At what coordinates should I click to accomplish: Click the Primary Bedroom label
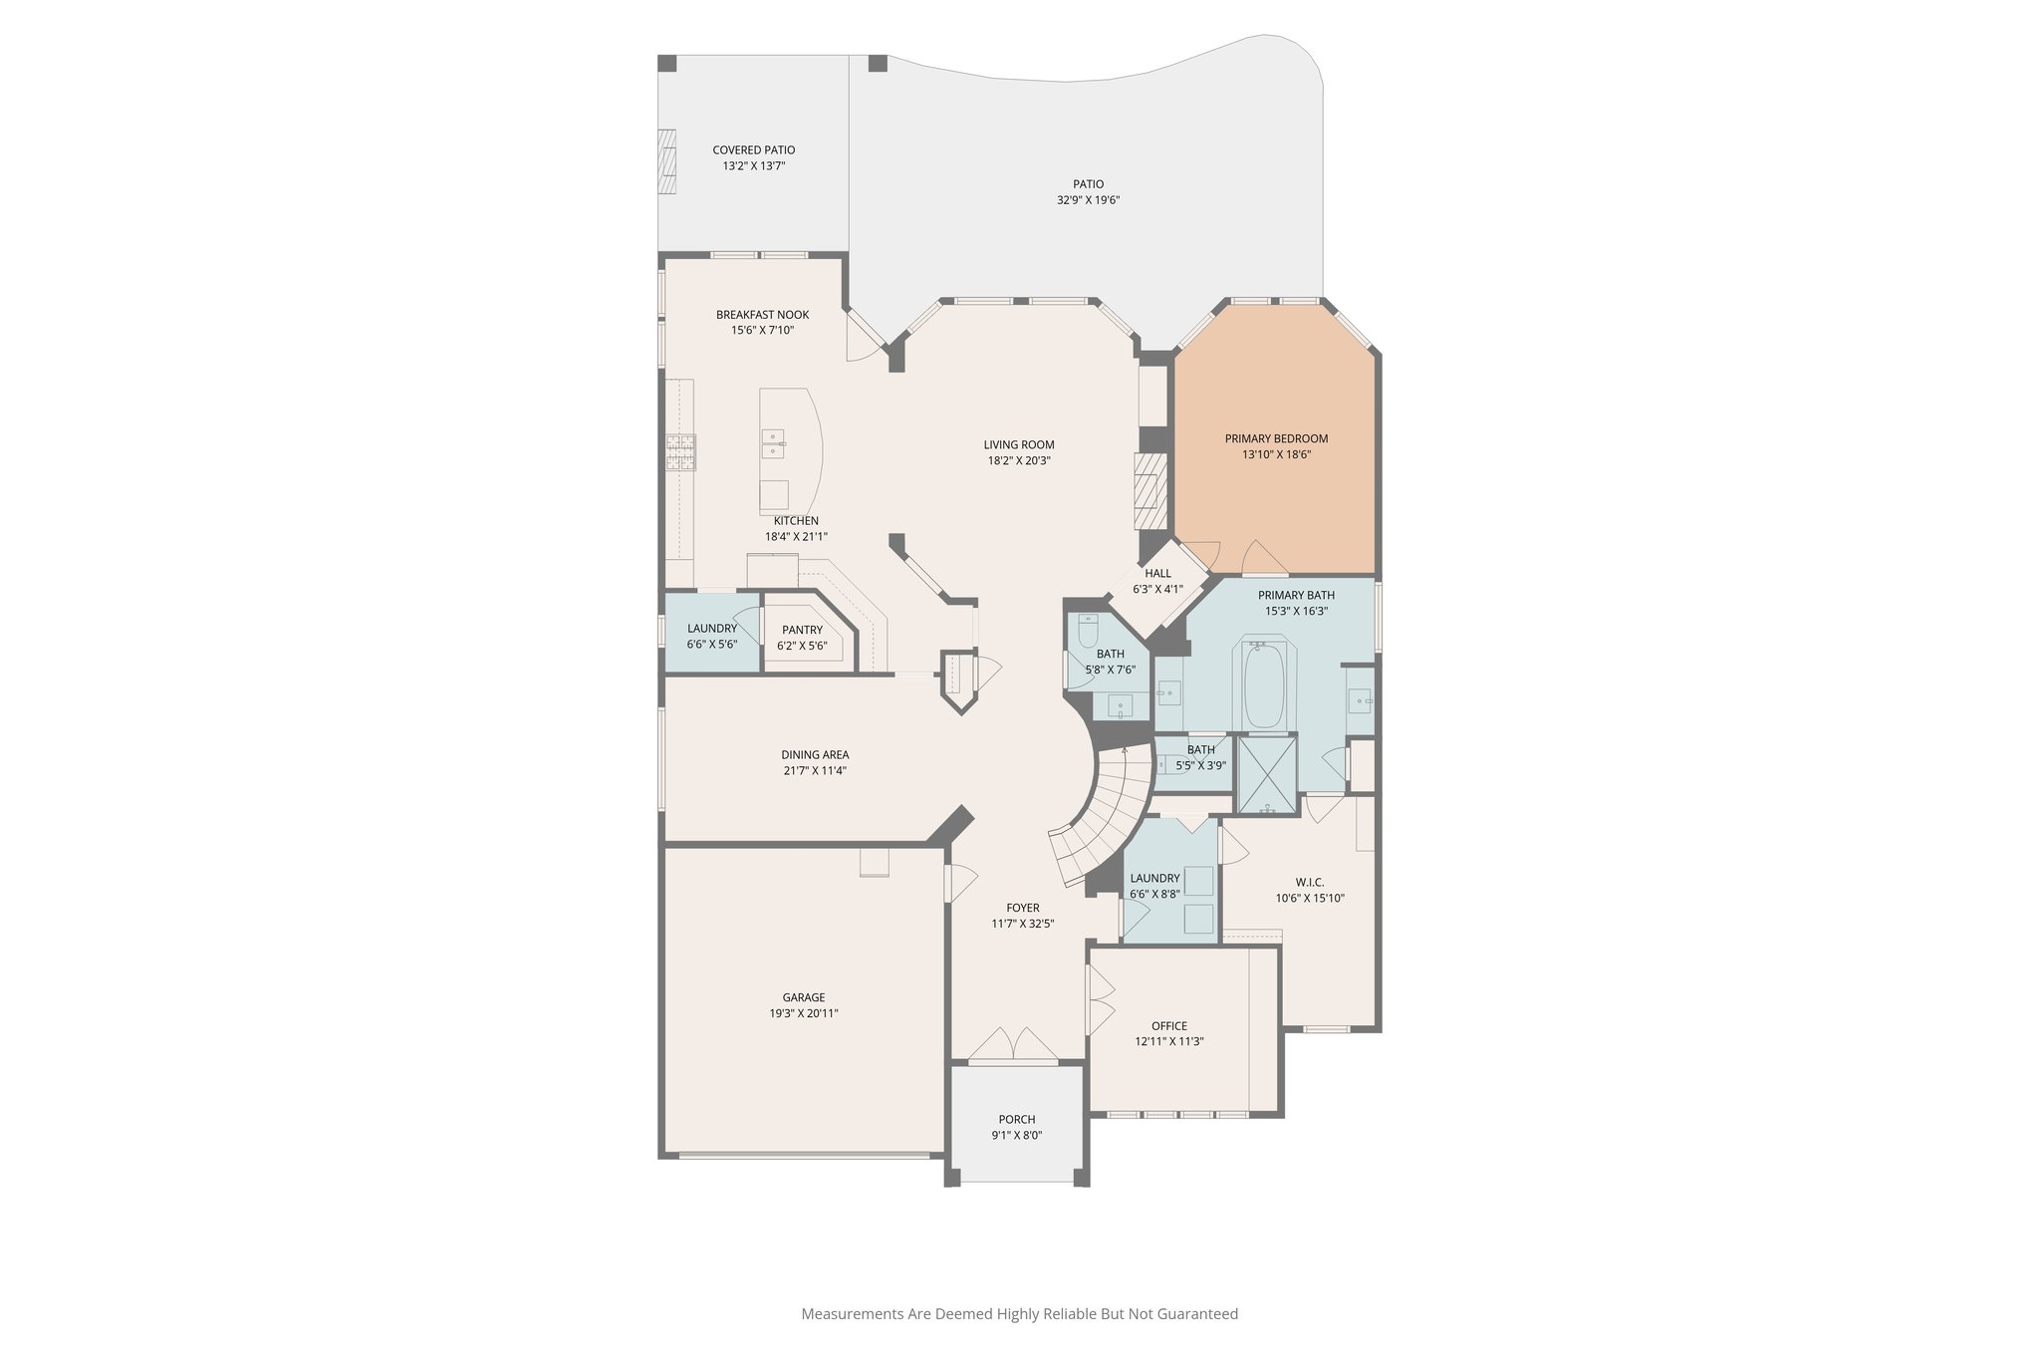(1276, 438)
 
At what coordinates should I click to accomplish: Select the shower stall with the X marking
(1266, 774)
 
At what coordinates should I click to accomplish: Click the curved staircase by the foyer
(1106, 817)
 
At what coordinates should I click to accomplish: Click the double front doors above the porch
(1012, 1044)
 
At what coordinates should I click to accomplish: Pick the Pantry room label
(802, 630)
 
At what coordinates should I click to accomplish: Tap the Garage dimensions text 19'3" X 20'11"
(803, 1013)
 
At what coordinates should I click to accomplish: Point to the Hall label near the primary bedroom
(1157, 573)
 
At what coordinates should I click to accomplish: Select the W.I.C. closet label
(1310, 882)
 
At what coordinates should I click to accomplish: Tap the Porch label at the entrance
(1016, 1119)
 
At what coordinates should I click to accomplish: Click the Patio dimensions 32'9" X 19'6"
(1088, 199)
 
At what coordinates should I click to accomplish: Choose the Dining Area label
(815, 754)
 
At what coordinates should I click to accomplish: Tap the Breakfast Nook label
(762, 315)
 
